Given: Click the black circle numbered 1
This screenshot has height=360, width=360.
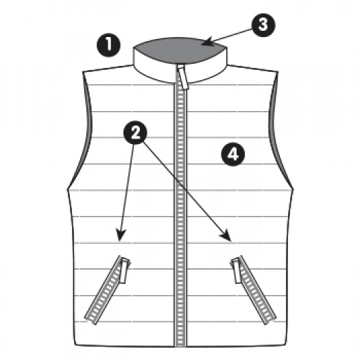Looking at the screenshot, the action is pos(108,45).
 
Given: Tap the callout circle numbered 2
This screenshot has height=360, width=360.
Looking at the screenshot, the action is pos(135,132).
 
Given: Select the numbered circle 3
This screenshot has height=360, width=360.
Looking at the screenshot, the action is pos(263,25).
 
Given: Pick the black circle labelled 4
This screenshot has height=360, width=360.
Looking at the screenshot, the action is pos(233,154).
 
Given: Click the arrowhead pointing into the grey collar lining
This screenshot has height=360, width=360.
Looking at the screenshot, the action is pos(207,42).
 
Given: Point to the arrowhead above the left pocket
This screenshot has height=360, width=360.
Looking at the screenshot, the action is pos(121,235).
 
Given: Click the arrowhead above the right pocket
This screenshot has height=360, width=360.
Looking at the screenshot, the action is pos(226,236).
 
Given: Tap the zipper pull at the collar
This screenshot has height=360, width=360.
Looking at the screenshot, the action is pos(183,77).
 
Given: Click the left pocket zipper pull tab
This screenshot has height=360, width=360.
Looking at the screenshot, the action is pos(124,270).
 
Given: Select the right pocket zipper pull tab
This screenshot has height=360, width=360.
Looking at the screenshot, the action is pos(237,270).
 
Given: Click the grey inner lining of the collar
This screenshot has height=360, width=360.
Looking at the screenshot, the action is pos(180,50).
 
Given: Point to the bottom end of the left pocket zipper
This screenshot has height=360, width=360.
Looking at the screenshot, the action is pos(90,321).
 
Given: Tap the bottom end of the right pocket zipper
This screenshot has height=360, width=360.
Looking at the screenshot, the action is pos(271,321).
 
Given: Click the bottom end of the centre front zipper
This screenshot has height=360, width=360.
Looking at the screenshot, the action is pos(180,346).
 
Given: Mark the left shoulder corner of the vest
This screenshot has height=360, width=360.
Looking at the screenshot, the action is pos(83,71).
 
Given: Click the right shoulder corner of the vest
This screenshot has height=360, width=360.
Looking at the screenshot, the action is pos(278,71).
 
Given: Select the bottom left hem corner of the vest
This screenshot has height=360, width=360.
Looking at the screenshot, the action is pos(75,344).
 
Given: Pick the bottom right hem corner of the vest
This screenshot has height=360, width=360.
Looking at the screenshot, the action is pos(287,344).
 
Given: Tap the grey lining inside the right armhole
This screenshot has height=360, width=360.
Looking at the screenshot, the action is pos(272,129).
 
